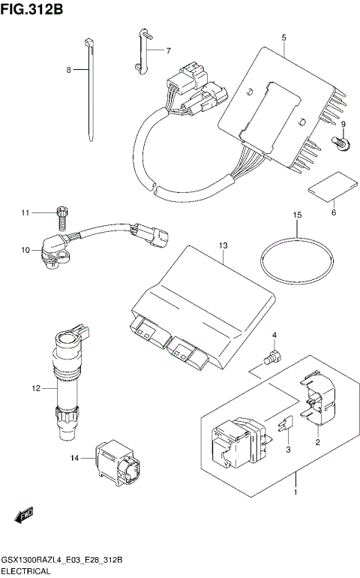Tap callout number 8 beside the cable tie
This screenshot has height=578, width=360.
(68, 70)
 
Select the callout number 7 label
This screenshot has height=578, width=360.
(168, 51)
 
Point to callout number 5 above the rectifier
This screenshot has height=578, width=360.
(284, 36)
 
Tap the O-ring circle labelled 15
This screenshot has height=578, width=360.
(296, 260)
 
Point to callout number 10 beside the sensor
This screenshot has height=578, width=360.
(25, 250)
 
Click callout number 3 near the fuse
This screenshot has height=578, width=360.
(287, 450)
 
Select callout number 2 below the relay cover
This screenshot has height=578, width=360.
(317, 444)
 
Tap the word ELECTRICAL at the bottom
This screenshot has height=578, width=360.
(26, 571)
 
